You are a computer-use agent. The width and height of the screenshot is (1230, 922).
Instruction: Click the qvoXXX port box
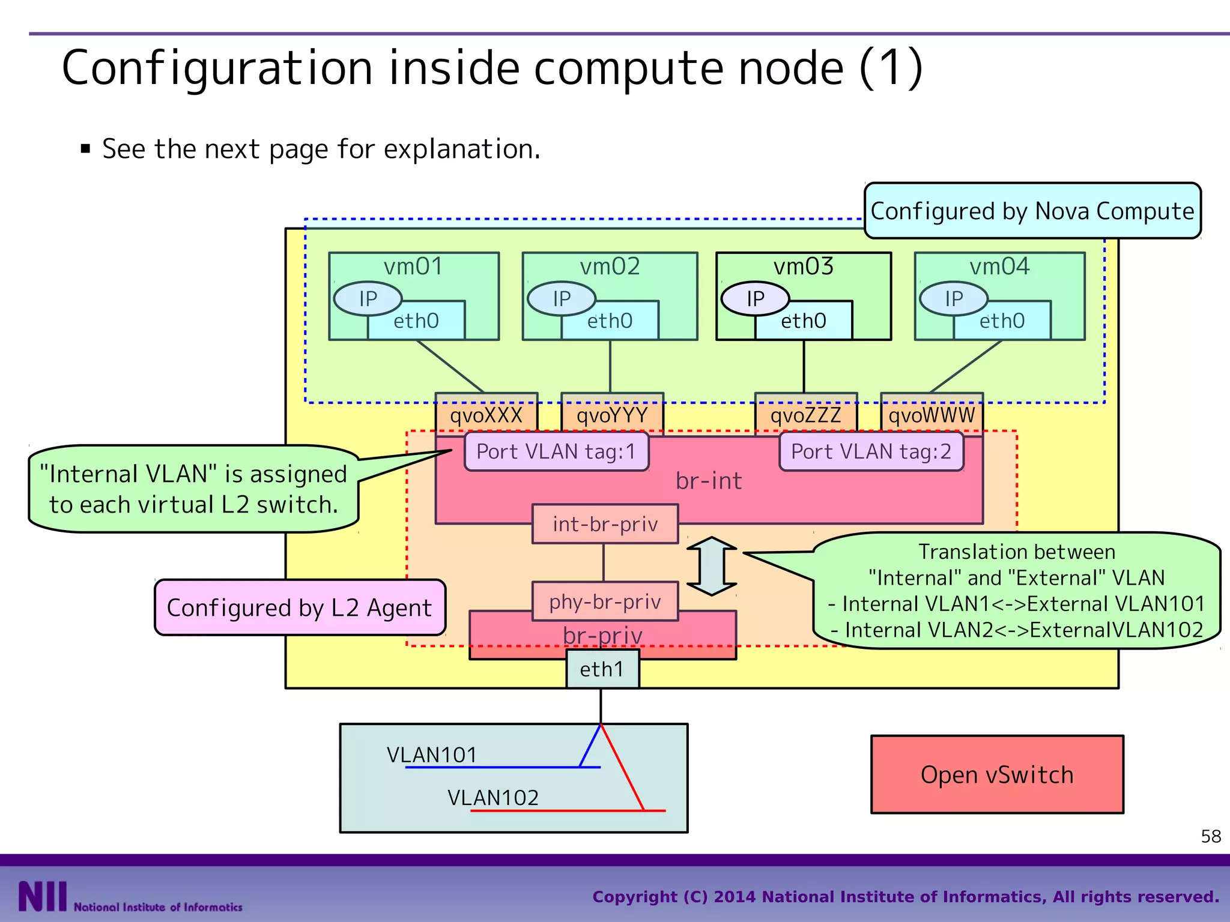[x=486, y=414]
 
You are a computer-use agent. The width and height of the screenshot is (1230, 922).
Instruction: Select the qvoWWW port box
[x=932, y=414]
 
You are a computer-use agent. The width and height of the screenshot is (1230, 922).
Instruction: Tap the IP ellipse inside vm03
[x=755, y=298]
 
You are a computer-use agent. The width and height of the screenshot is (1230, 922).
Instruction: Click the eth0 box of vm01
[x=416, y=321]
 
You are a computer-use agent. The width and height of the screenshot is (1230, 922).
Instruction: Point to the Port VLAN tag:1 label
[x=556, y=451]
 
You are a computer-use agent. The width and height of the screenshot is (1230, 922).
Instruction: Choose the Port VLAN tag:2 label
[x=871, y=451]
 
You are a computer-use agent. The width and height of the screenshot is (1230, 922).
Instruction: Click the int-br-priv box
[x=605, y=524]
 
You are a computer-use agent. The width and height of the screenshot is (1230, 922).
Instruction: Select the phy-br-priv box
[x=605, y=601]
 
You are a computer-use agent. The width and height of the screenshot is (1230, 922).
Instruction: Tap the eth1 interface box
[x=602, y=669]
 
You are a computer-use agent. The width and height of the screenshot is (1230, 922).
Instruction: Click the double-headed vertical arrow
[x=712, y=566]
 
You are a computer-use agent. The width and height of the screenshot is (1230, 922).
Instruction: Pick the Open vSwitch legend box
[x=997, y=774]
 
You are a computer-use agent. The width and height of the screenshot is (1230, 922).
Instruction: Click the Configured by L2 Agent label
[x=299, y=607]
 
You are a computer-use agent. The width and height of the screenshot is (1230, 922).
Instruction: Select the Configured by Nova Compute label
[x=1032, y=211]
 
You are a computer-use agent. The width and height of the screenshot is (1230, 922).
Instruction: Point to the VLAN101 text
[x=432, y=755]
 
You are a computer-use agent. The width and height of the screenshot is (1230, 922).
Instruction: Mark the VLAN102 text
[x=493, y=798]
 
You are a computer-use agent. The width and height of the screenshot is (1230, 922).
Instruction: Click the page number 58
[x=1211, y=836]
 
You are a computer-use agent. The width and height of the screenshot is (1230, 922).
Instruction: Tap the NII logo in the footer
[x=42, y=896]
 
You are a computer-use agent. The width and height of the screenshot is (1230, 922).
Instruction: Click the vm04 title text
[x=999, y=266]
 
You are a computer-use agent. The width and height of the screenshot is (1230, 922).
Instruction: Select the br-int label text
[x=709, y=481]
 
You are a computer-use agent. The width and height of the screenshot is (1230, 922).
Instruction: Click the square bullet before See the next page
[x=85, y=149]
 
